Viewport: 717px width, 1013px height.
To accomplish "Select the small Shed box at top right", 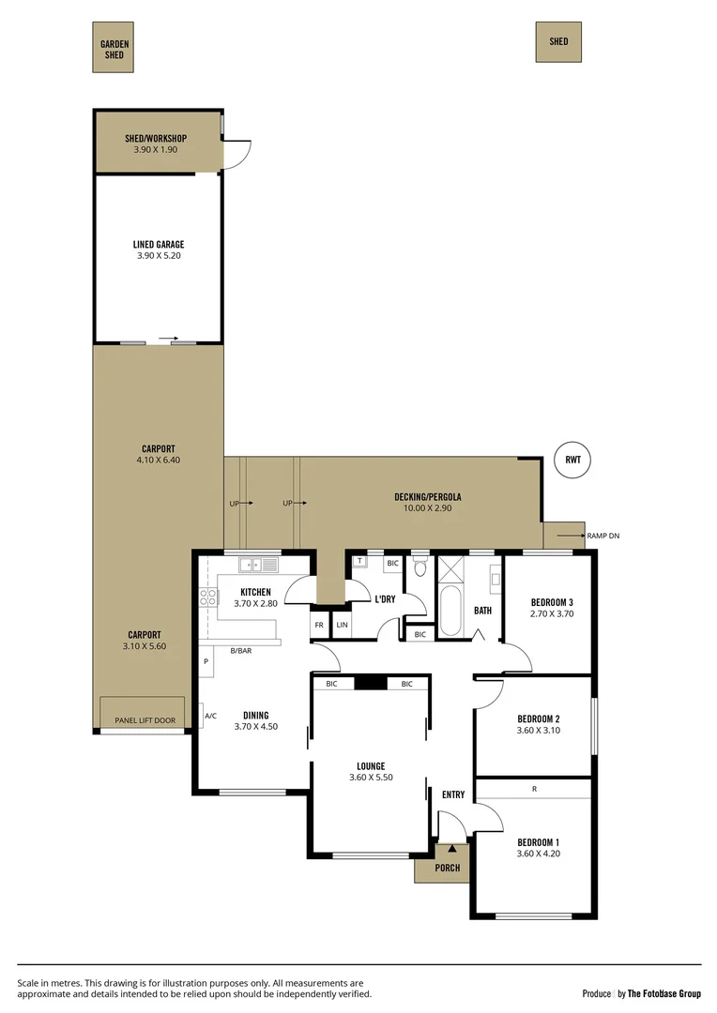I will (x=558, y=41).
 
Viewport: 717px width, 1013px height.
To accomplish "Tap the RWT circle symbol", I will (x=572, y=461).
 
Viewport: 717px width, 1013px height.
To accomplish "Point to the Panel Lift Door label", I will (x=144, y=720).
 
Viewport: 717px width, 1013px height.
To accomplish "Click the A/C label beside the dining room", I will (x=210, y=716).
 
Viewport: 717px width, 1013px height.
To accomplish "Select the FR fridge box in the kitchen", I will (x=319, y=624).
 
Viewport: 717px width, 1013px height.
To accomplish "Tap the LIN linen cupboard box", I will (x=342, y=624).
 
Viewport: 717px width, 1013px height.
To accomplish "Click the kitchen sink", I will (x=258, y=565).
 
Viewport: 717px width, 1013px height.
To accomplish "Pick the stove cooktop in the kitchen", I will (x=207, y=598).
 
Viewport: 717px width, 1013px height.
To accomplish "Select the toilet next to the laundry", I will (x=420, y=567).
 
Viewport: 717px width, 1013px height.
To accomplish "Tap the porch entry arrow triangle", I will (x=451, y=849).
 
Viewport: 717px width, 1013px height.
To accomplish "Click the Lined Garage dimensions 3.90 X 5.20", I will (x=158, y=254).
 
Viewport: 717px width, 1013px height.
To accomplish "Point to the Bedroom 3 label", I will (x=552, y=602).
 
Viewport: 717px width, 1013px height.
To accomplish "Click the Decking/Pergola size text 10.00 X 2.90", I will (x=427, y=509).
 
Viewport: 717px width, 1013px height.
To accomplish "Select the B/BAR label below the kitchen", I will (x=241, y=650).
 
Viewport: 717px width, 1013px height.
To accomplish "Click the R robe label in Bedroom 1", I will (x=534, y=789).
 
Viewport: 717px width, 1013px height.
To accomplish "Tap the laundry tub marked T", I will (x=359, y=561).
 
